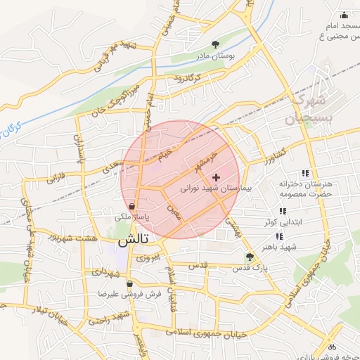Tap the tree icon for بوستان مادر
click(x=215, y=44)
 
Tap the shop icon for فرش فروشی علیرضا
click(x=129, y=283)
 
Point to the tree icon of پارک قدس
click(x=249, y=257)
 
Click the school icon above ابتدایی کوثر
click(x=283, y=211)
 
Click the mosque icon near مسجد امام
click(x=344, y=15)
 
